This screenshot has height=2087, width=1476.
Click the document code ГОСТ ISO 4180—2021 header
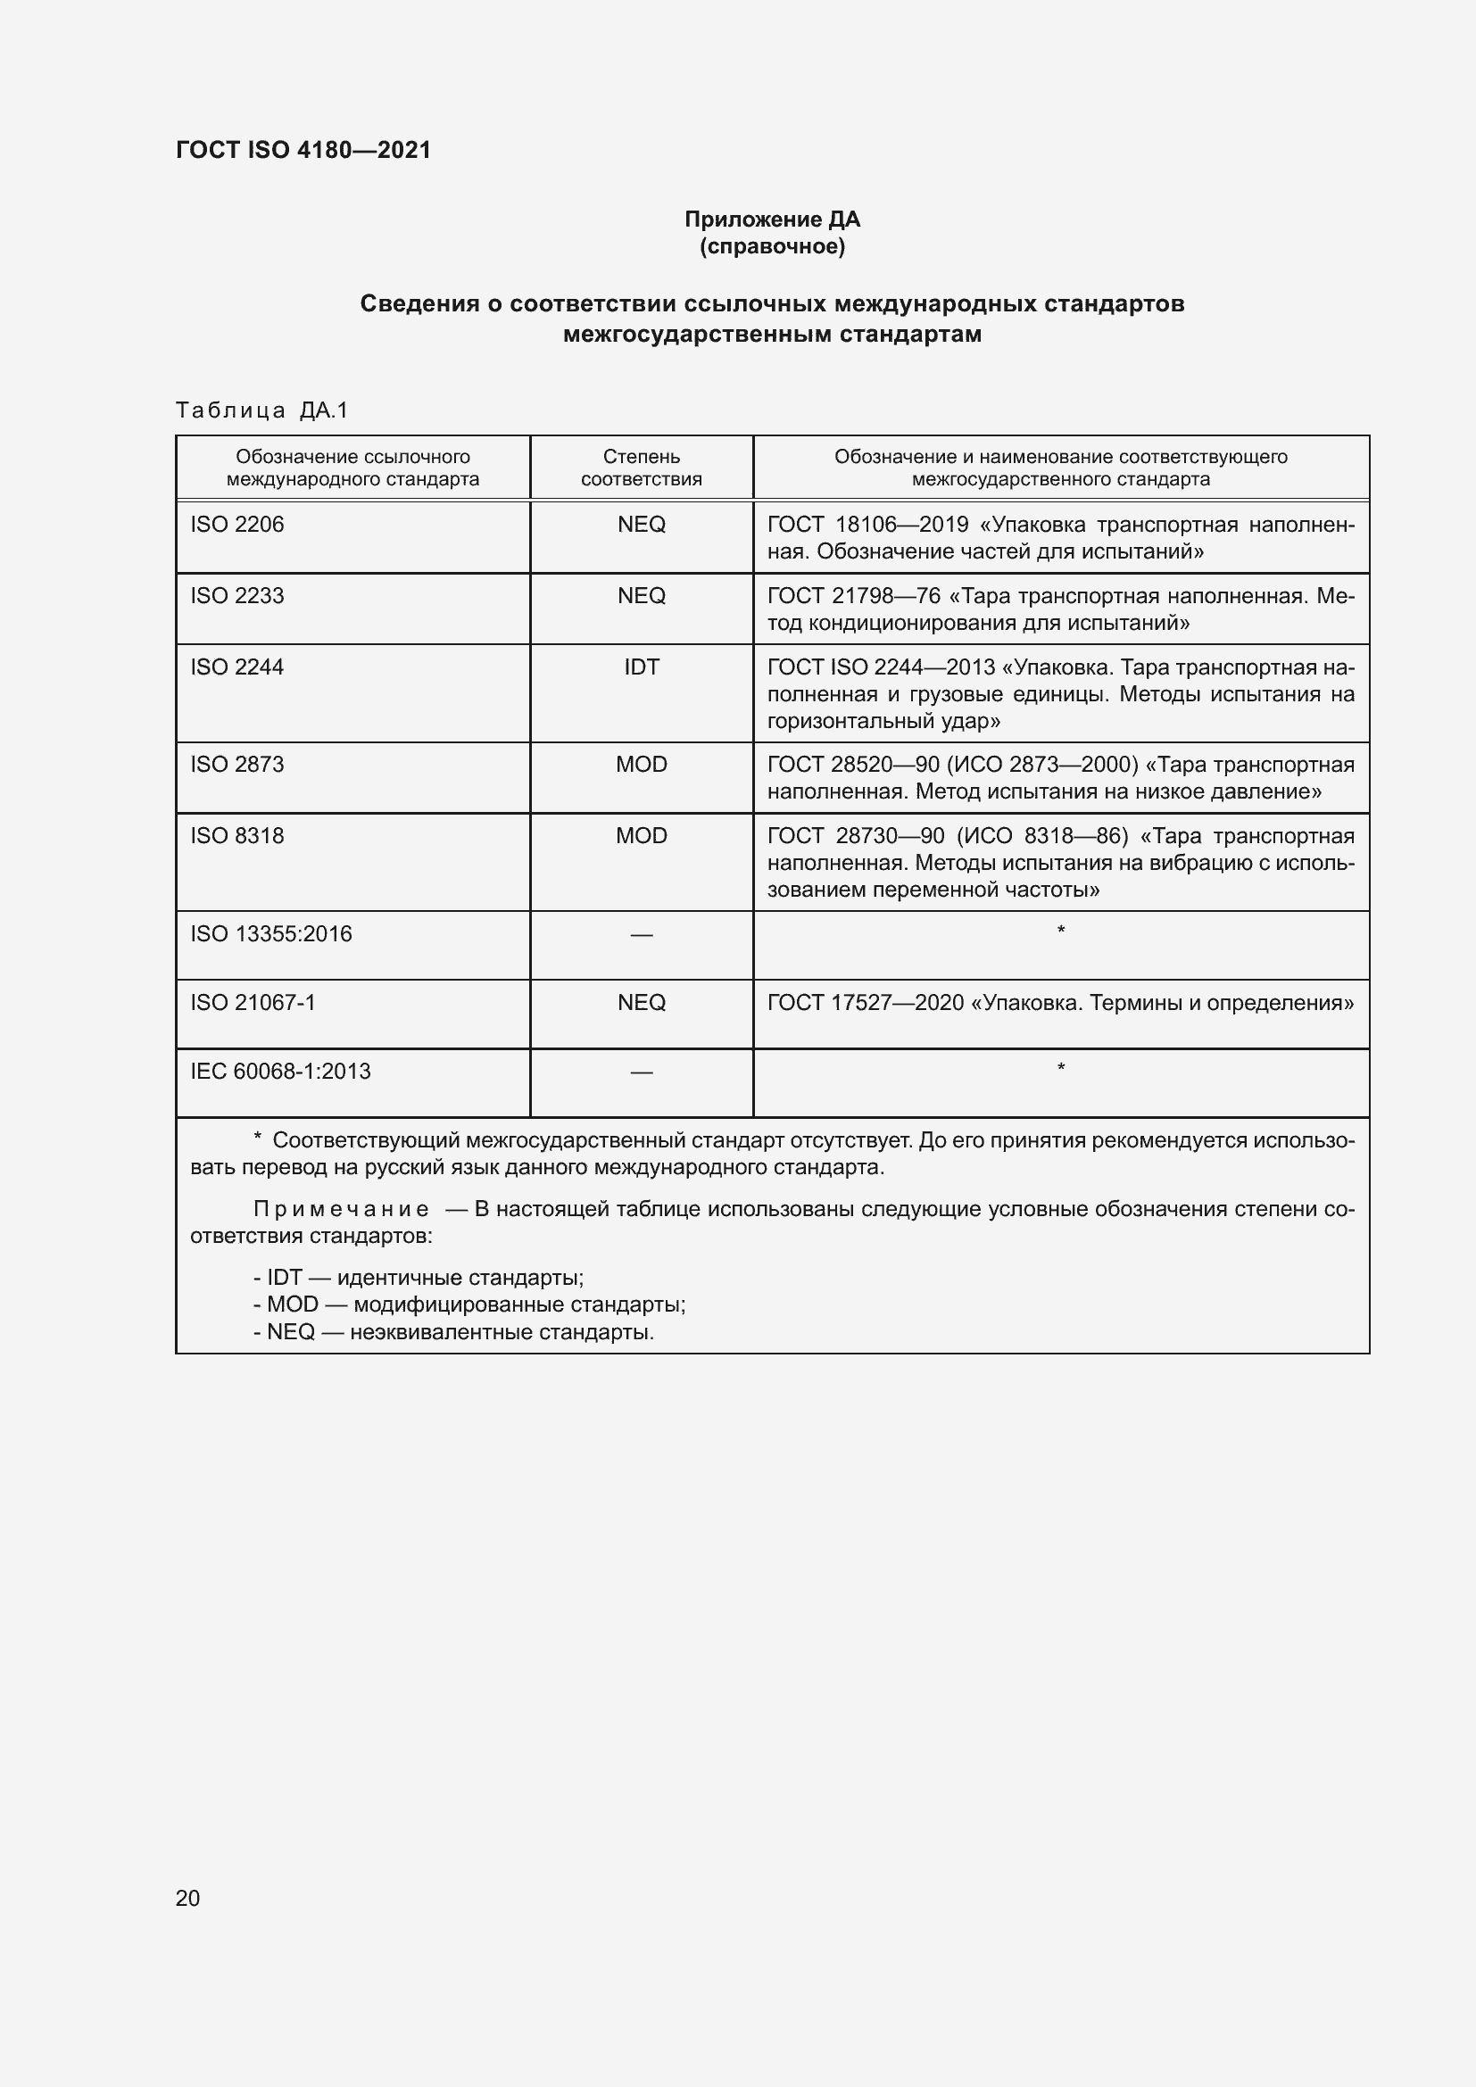[x=303, y=150]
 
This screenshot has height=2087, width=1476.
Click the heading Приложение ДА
[x=772, y=219]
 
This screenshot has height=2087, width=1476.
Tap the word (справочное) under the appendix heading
[x=772, y=246]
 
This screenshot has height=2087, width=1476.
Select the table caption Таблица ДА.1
[x=261, y=410]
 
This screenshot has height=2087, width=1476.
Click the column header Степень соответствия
[x=641, y=468]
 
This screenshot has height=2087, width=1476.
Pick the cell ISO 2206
[x=237, y=525]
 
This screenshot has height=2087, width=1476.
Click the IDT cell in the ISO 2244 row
[x=641, y=667]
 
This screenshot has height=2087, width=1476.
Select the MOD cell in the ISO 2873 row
[x=641, y=765]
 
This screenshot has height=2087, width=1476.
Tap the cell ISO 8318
[x=237, y=835]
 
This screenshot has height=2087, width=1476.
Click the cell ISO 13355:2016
[x=271, y=933]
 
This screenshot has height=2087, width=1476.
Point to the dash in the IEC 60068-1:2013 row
[x=641, y=1072]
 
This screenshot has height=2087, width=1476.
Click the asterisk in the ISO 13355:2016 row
[x=1061, y=931]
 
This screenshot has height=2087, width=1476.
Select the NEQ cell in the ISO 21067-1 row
[x=641, y=1002]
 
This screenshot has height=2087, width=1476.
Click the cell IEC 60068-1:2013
[x=280, y=1071]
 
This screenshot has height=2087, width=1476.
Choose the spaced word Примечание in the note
[x=341, y=1209]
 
